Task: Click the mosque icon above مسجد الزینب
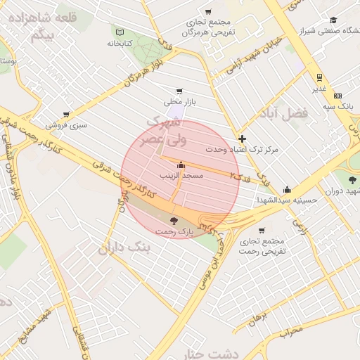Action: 181,165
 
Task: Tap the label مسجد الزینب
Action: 181,175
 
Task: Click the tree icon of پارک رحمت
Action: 174,221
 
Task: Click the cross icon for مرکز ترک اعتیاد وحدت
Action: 243,139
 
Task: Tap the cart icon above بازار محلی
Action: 180,91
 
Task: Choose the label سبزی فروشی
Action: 65,124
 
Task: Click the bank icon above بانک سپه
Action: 338,96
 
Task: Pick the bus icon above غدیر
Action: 319,77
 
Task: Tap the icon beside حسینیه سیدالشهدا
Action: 287,189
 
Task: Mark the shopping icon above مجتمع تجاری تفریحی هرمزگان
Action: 208,11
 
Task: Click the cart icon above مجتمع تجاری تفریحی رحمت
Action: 262,230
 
